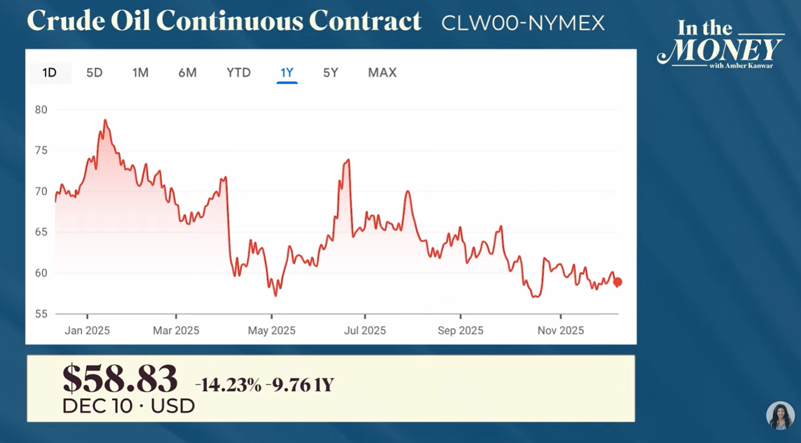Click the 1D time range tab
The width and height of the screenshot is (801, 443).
(x=49, y=73)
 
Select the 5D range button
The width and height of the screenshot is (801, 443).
(x=94, y=73)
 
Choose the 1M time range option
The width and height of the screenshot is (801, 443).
(x=140, y=73)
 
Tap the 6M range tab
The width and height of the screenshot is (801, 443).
(x=187, y=73)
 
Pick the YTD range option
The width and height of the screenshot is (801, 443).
(x=238, y=73)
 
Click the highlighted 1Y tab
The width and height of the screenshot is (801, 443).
(x=287, y=73)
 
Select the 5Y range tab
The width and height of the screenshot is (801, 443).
(x=330, y=73)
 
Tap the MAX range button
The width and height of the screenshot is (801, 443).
(x=382, y=73)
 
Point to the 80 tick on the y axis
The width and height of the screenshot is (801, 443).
(x=41, y=110)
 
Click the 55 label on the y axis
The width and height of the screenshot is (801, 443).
(x=41, y=314)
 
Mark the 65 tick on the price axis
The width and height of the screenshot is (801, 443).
(x=41, y=232)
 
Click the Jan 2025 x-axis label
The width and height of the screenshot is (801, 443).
(x=87, y=331)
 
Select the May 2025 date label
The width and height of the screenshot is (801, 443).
(x=272, y=331)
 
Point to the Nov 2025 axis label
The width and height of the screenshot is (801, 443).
(x=561, y=331)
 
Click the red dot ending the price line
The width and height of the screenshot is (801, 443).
(x=618, y=282)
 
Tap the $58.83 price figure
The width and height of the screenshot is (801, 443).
(x=119, y=379)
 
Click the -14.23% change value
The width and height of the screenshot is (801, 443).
(x=228, y=385)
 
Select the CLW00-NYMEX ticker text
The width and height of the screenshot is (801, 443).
(x=523, y=23)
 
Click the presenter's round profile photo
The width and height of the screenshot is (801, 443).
(x=780, y=416)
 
